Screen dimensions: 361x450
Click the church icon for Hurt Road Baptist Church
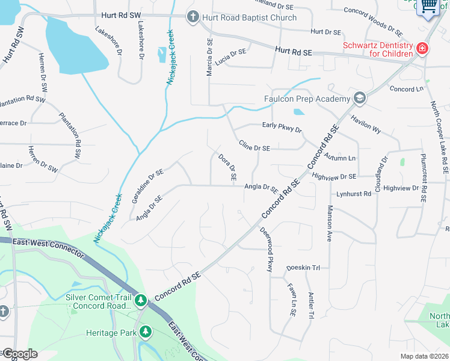(193, 17)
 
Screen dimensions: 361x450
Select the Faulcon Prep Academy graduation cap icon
(359, 98)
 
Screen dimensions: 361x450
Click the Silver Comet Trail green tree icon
(140, 299)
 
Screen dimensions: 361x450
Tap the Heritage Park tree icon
(145, 332)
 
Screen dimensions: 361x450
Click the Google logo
(19, 354)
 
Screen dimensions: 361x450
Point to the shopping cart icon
(428, 7)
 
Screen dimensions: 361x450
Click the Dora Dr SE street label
(227, 168)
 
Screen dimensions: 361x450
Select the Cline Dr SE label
(254, 146)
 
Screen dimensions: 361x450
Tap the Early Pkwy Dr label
(282, 127)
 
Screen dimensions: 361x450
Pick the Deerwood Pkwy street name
(266, 249)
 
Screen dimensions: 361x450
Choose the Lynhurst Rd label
(354, 194)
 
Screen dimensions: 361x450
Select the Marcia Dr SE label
(209, 57)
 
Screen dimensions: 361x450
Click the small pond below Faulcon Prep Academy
(299, 112)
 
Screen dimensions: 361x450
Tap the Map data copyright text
(425, 356)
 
